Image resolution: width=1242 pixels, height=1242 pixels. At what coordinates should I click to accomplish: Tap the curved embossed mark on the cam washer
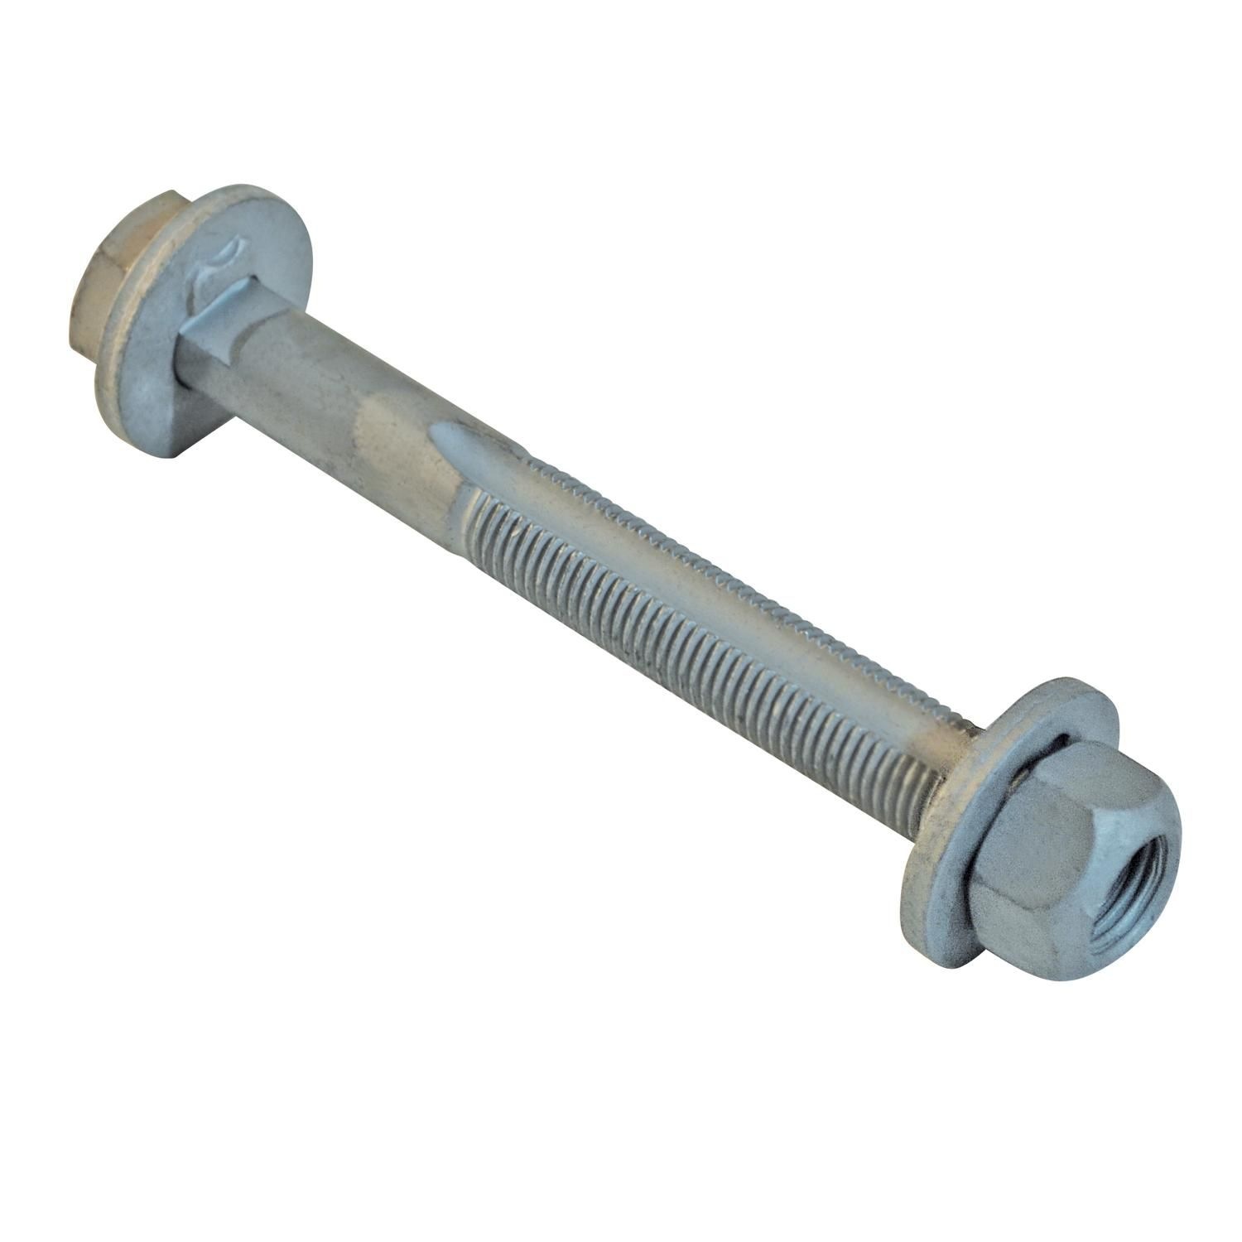click(222, 261)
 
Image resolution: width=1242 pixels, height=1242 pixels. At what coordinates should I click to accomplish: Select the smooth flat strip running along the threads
click(704, 580)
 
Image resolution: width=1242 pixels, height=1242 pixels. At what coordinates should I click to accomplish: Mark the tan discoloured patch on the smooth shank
click(389, 431)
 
